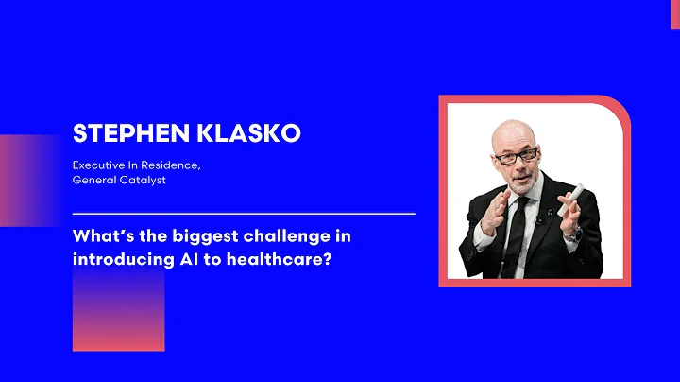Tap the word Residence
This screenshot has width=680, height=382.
point(172,165)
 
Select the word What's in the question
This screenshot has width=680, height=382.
point(100,234)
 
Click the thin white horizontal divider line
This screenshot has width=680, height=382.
point(244,214)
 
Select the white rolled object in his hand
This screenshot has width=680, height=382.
point(570,199)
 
